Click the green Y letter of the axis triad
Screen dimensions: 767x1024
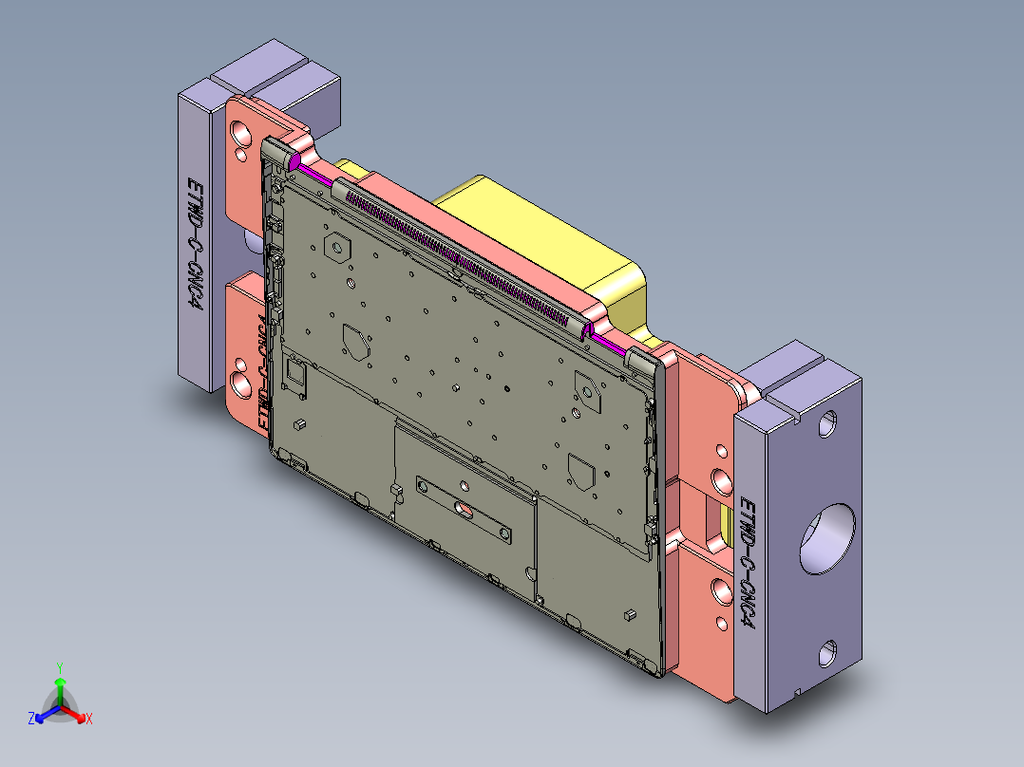click(x=59, y=667)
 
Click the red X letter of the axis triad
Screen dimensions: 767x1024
click(x=88, y=719)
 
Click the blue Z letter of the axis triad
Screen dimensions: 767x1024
click(x=31, y=719)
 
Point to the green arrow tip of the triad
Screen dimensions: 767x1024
click(x=60, y=682)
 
